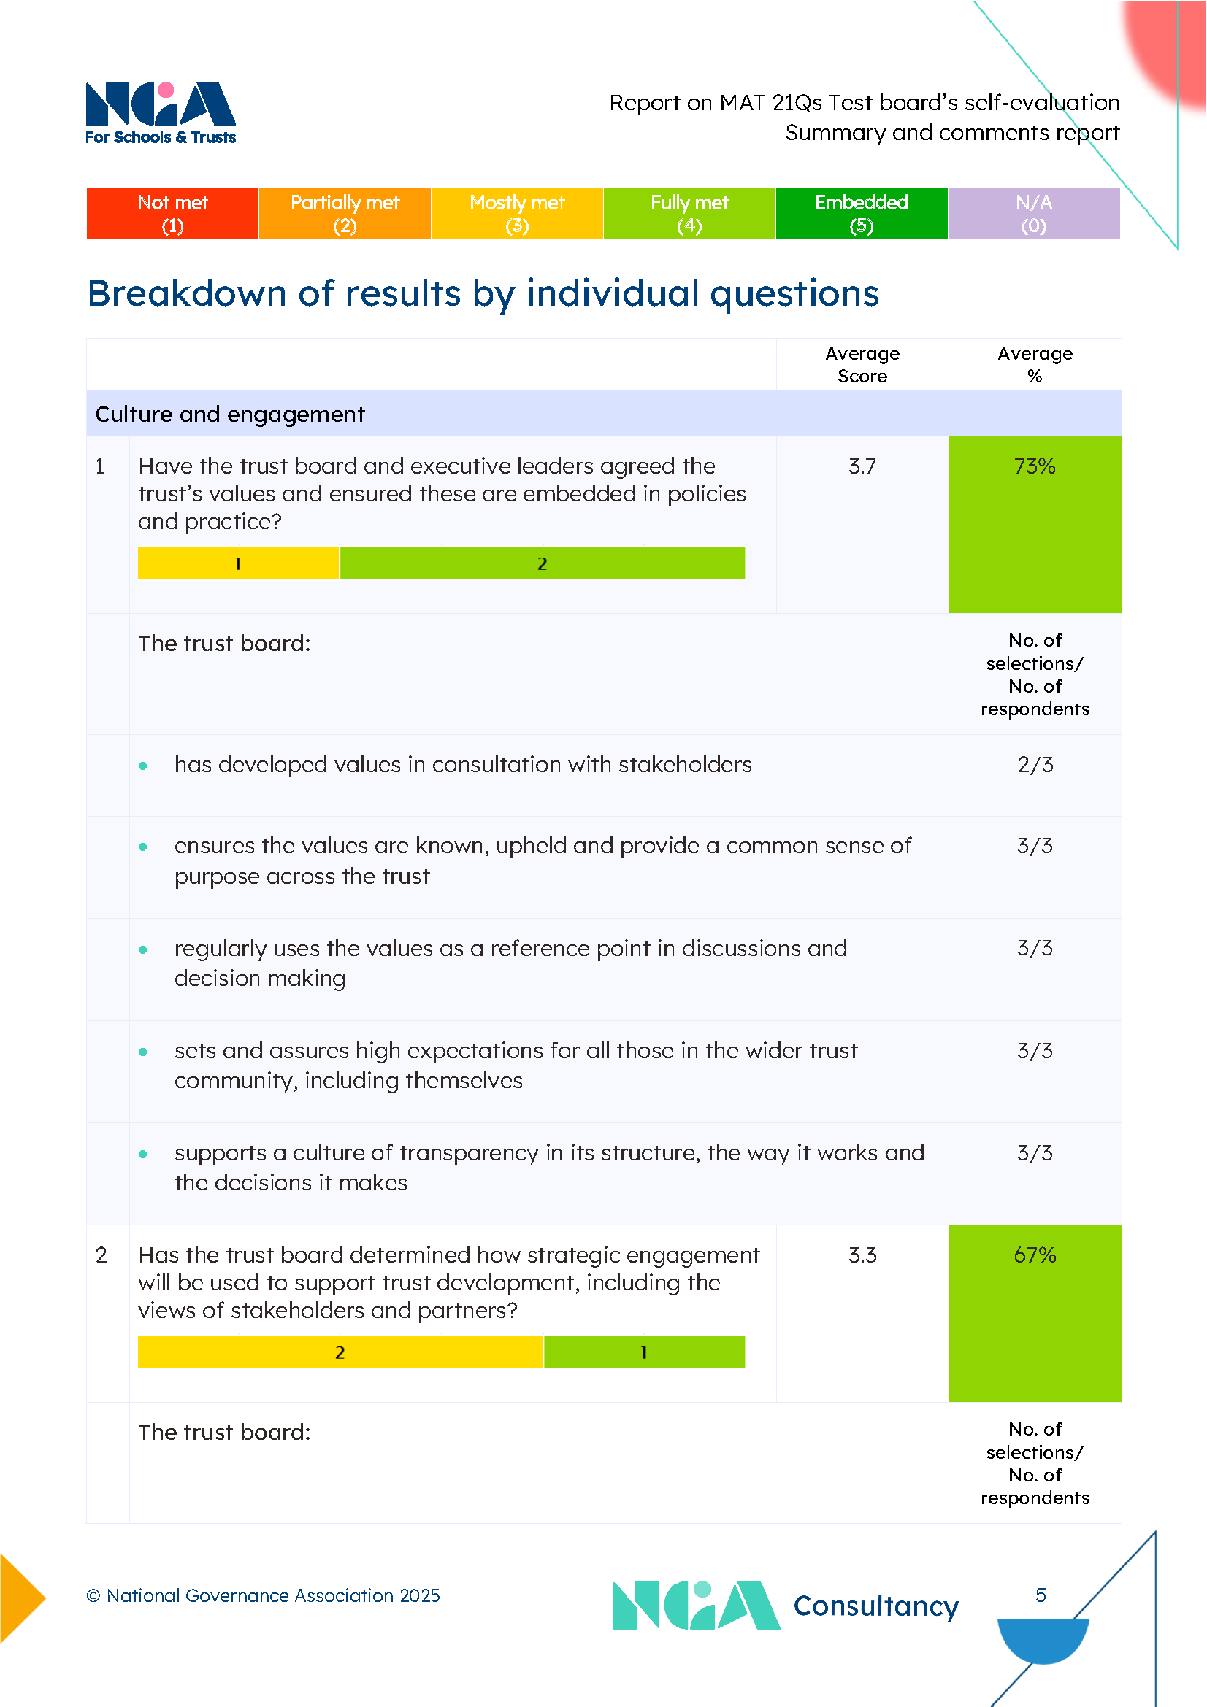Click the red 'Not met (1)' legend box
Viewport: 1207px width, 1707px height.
pos(172,213)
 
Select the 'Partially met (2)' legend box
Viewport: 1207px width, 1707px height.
pos(345,213)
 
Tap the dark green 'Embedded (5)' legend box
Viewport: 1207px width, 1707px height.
pos(861,213)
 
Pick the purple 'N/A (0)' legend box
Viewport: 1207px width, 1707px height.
pos(1034,213)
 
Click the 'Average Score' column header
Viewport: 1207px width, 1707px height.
pos(862,364)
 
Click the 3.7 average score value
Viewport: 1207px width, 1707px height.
pos(862,466)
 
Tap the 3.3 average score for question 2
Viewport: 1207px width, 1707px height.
pos(862,1255)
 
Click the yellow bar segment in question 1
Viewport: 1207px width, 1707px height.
pos(238,563)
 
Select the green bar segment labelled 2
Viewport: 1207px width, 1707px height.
pos(542,563)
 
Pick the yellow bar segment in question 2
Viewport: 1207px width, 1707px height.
pos(340,1352)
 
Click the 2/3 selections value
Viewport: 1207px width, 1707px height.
pos(1035,764)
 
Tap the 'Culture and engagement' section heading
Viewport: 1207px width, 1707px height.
pos(230,414)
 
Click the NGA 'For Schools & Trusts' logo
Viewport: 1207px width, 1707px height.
pos(161,113)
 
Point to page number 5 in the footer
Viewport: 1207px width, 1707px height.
pos(1041,1595)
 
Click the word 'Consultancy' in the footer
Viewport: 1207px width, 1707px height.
pos(875,1606)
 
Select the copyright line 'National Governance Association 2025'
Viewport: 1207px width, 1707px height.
pos(264,1595)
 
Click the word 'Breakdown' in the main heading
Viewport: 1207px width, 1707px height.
pos(187,293)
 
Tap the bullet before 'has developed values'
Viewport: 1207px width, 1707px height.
pos(143,766)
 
